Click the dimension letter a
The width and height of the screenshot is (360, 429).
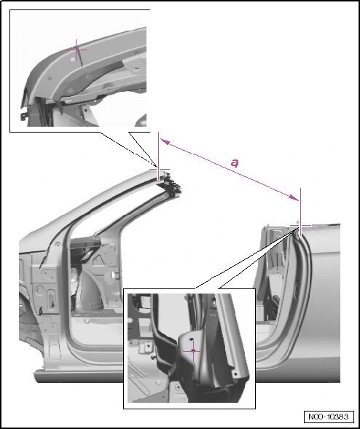235,163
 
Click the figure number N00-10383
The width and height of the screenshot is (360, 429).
329,417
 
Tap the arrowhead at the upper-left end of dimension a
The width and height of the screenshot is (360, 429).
165,141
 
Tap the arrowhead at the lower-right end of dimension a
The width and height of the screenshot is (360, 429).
294,197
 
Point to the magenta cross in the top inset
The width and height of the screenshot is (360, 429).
77,50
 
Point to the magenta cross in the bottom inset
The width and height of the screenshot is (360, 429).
193,351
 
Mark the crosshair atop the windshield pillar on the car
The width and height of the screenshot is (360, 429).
159,170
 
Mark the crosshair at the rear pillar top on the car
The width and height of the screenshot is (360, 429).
300,226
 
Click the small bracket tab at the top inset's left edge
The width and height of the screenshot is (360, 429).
23,117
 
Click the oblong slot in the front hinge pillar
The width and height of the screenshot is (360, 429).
51,299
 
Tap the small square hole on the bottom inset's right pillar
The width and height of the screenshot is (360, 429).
235,373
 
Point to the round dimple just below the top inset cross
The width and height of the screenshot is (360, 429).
73,59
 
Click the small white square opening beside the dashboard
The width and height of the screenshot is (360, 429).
114,274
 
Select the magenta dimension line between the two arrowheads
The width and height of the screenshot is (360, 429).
230,170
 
